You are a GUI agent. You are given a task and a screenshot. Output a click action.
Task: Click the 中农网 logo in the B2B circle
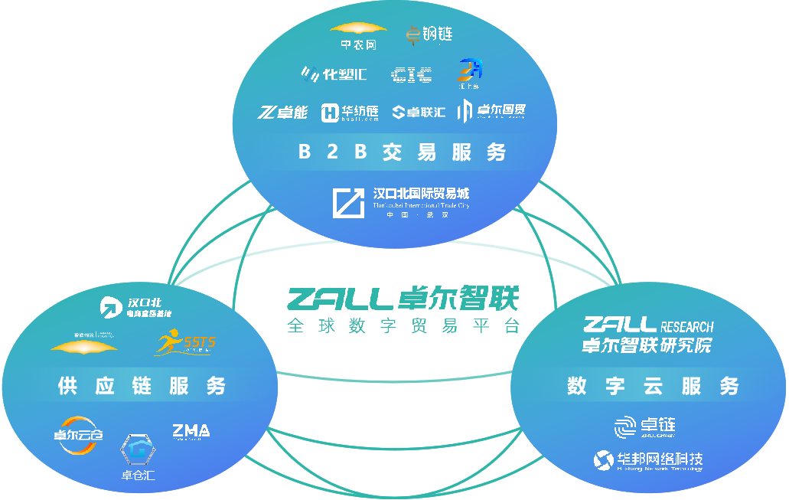coord(358,35)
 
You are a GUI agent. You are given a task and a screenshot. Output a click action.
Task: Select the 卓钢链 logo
coord(429,35)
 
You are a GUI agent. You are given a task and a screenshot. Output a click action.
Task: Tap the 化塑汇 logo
coord(334,74)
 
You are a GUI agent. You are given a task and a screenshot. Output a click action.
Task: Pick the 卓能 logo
coord(282,113)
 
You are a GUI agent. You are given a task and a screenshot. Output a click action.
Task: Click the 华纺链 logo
coord(350,113)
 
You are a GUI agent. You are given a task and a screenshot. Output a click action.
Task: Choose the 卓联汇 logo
coord(419,113)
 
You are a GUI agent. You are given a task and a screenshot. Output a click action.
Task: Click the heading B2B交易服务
coord(402,152)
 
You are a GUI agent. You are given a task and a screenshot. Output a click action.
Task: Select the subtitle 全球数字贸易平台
coord(403,325)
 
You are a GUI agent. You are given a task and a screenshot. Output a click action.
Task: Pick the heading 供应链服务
coord(142,386)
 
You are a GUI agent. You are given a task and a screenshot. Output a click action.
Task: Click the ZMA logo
coord(191,432)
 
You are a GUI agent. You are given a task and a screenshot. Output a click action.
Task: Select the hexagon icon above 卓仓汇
coord(139,450)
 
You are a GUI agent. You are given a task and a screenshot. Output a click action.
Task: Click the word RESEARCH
coord(686,326)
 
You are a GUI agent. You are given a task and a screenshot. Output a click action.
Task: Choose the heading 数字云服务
coord(653,386)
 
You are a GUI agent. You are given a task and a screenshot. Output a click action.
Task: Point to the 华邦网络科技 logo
coord(648,460)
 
